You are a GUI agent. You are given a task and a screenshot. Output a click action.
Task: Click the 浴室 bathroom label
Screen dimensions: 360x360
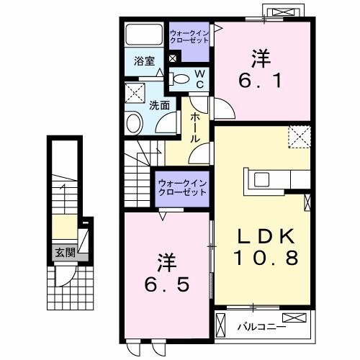[x=144, y=61]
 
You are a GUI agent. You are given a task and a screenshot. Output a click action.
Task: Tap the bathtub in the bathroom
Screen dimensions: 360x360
[x=144, y=35]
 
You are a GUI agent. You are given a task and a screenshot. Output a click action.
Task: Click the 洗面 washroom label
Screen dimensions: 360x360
[x=160, y=104]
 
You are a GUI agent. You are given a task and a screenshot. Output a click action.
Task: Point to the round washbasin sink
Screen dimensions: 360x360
[x=135, y=123]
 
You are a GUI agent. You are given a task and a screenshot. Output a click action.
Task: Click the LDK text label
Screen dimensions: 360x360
[x=266, y=235]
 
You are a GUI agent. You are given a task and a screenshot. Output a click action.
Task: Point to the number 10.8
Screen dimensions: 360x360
[x=266, y=256]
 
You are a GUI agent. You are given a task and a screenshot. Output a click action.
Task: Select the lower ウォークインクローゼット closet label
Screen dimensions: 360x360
[x=182, y=187]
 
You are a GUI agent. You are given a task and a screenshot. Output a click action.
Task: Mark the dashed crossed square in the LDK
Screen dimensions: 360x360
[x=299, y=137]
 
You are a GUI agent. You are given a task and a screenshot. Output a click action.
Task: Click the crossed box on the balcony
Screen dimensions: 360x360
[x=294, y=318]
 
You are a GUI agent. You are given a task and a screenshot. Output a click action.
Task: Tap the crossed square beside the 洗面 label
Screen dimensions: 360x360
[x=134, y=92]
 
